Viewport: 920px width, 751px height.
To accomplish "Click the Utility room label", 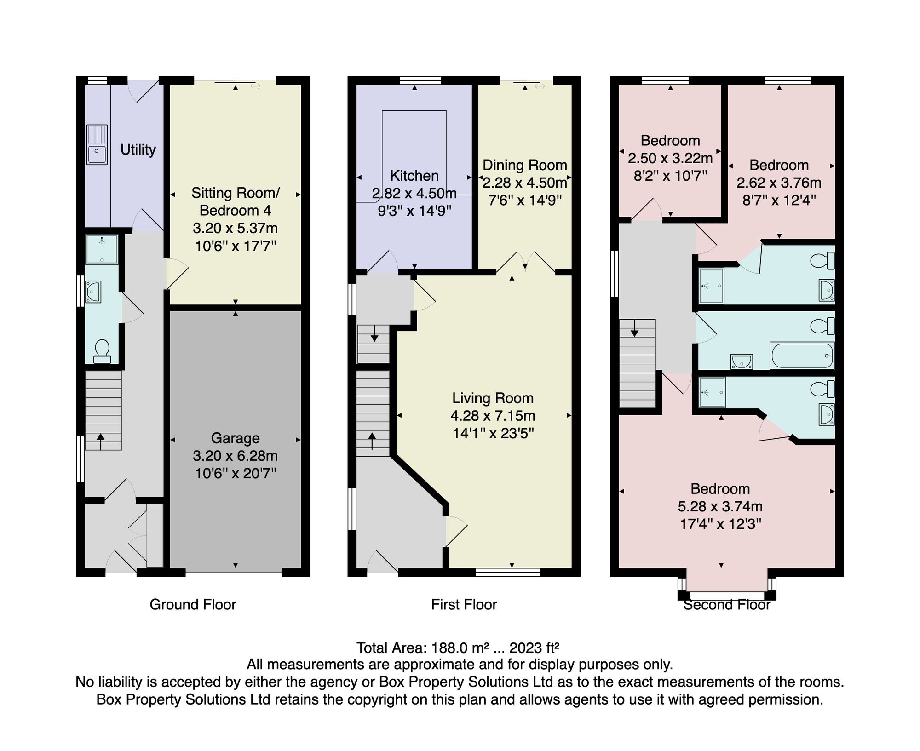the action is click(x=138, y=149).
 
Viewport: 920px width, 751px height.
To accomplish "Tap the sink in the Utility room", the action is click(x=97, y=144).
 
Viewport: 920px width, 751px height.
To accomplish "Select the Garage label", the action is click(x=235, y=438).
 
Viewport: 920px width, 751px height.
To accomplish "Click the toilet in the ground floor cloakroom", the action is click(x=102, y=351).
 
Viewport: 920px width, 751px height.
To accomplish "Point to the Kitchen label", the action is click(x=414, y=176).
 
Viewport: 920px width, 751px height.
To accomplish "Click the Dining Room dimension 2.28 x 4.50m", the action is click(x=524, y=183).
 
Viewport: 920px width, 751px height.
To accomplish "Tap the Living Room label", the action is click(x=493, y=398).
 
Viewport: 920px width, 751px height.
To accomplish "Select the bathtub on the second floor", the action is click(x=802, y=355).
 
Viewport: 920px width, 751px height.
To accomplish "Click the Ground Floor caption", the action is click(x=193, y=604).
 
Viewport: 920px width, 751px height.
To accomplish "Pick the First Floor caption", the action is click(x=464, y=604).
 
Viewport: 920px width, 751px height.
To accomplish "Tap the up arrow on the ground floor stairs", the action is click(x=101, y=441).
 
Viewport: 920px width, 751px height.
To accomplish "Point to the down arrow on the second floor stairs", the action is click(x=635, y=328).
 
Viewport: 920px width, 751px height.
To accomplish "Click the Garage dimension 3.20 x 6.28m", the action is click(x=235, y=456).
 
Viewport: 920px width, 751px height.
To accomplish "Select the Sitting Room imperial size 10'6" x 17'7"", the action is click(x=236, y=246).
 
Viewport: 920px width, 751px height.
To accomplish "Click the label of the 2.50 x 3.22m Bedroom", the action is click(x=670, y=140).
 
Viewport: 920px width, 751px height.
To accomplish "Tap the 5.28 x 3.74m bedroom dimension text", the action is click(x=720, y=506).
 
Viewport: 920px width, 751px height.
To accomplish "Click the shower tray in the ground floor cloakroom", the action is click(x=102, y=249).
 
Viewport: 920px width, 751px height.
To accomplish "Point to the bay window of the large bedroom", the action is click(x=727, y=593).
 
